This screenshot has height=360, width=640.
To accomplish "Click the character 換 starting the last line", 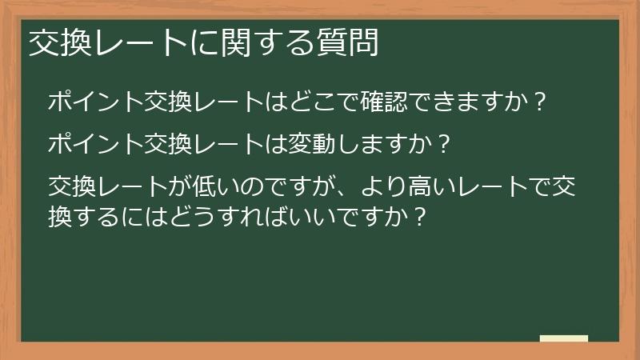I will click(60, 216).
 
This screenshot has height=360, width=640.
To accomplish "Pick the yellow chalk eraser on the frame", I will click(563, 339).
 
